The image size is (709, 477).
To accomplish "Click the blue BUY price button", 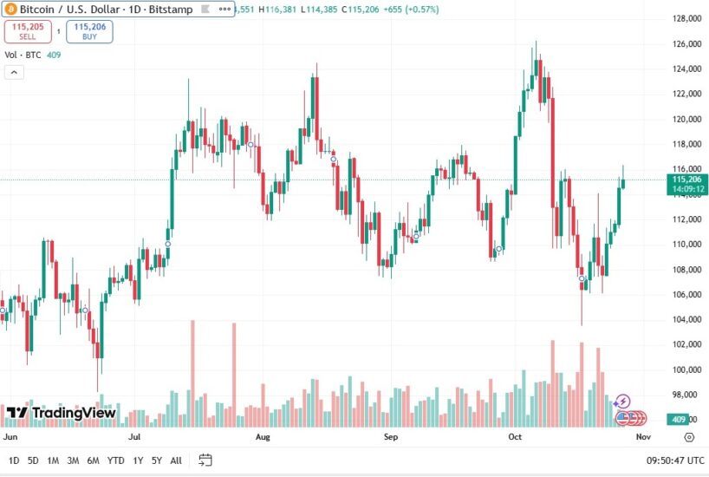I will [x=88, y=32].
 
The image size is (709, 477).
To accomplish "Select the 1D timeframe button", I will [x=13, y=460].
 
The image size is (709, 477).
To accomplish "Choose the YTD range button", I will [x=115, y=460].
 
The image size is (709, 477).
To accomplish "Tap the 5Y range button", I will [x=157, y=460].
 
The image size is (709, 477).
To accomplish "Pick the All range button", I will [x=176, y=460].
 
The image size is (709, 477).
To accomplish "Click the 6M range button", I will [x=93, y=460].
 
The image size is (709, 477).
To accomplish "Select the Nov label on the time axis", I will [x=642, y=438].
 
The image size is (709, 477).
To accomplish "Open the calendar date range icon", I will [x=205, y=460].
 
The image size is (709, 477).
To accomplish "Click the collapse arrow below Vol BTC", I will [x=14, y=72].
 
